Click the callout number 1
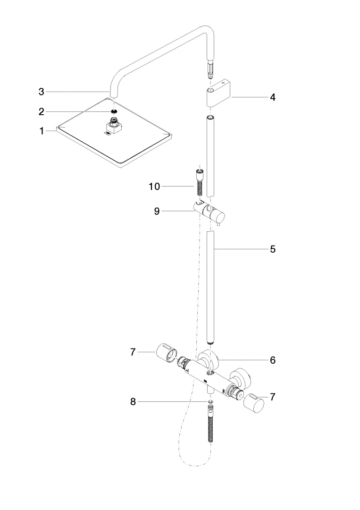pyautogui.click(x=42, y=131)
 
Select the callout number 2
pyautogui.click(x=42, y=111)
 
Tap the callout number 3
pyautogui.click(x=42, y=92)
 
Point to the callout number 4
pyautogui.click(x=273, y=97)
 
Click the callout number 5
pyautogui.click(x=273, y=249)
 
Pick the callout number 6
pyautogui.click(x=273, y=360)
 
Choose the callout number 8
pyautogui.click(x=133, y=402)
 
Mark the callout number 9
pyautogui.click(x=157, y=211)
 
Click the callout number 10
pyautogui.click(x=154, y=187)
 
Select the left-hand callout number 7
pyautogui.click(x=133, y=352)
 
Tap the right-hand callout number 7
pyautogui.click(x=273, y=397)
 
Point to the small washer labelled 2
pyautogui.click(x=113, y=112)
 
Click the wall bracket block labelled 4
pyautogui.click(x=218, y=94)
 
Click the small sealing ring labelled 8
pyautogui.click(x=210, y=402)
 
